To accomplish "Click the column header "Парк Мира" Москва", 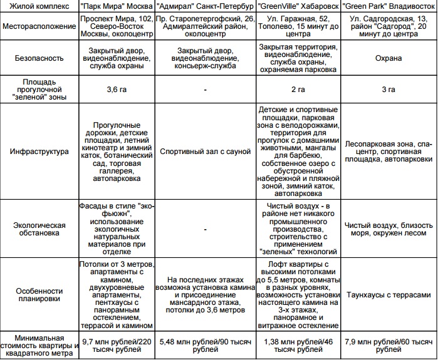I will coord(116,8).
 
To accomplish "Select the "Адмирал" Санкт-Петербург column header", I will coord(206,8).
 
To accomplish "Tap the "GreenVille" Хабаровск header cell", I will coord(299,8).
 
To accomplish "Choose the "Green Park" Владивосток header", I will coord(389,8).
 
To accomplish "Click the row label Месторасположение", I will coord(39,28).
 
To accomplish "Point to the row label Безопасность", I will coord(39,58).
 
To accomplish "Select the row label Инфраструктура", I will coord(39,151).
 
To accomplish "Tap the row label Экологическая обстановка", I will coord(39,228).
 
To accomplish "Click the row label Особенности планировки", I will coord(39,295).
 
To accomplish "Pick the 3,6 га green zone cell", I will coord(116,90).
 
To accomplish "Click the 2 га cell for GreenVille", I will coord(299,90).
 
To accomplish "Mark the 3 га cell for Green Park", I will coord(389,90).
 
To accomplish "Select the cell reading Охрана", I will coord(389,58).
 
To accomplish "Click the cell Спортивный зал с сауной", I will coord(206,151).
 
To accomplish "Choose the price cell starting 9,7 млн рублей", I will coord(116,346).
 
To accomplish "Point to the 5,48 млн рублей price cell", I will coord(206,346).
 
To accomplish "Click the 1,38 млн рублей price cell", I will coord(299,346).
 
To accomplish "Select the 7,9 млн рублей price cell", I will coord(389,346).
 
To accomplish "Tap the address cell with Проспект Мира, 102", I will coord(116,28).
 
